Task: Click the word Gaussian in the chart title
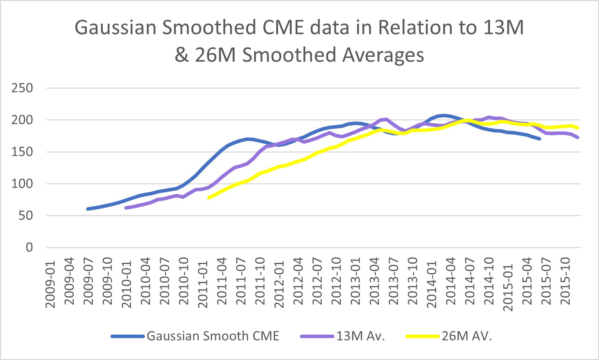pyautogui.click(x=116, y=28)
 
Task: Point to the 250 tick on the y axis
pyautogui.click(x=22, y=88)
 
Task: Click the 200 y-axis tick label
pyautogui.click(x=22, y=120)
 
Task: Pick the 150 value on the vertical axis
pyautogui.click(x=22, y=152)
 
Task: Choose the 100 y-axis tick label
pyautogui.click(x=22, y=184)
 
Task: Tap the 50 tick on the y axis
pyautogui.click(x=26, y=215)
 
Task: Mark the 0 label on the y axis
pyautogui.click(x=29, y=247)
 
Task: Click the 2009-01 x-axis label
pyautogui.click(x=51, y=284)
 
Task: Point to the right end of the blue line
pyautogui.click(x=540, y=139)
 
